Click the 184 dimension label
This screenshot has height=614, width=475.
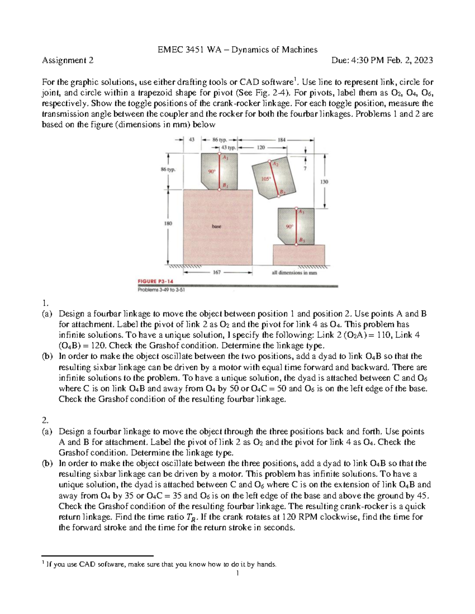(282, 140)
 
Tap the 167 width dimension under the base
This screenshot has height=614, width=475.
(217, 272)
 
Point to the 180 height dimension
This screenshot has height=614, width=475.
(168, 223)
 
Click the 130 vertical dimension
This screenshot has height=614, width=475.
(324, 181)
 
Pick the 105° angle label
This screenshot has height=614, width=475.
(266, 179)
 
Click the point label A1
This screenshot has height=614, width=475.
(225, 157)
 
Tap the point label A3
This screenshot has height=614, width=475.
(302, 212)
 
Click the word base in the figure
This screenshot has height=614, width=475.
(217, 227)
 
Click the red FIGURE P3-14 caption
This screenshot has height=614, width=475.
(155, 281)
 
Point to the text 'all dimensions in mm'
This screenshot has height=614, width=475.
(294, 273)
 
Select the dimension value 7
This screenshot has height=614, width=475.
(305, 169)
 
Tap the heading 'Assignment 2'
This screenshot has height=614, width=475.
(68, 60)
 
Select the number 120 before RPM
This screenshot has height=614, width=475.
(289, 517)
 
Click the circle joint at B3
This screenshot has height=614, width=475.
(296, 245)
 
